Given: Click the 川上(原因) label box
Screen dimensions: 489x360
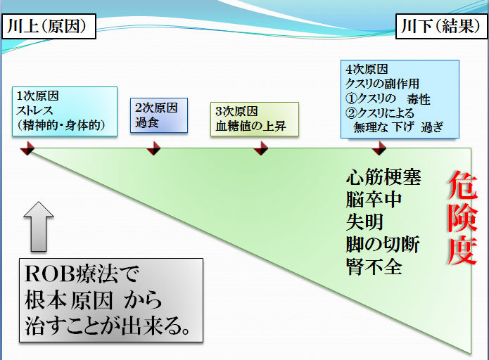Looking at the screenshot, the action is [49, 26].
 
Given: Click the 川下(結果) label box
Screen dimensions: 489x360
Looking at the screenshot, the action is [441, 26].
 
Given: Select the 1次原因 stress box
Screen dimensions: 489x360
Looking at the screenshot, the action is [65, 112].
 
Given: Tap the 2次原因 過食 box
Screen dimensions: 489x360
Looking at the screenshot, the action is [159, 115].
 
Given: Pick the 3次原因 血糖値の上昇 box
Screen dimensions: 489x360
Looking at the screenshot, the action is [255, 119].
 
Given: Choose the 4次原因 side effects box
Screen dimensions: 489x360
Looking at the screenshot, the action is [400, 99].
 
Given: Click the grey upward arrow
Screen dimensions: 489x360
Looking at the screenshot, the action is [39, 226].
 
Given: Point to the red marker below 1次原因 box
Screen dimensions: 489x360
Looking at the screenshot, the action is [27, 148].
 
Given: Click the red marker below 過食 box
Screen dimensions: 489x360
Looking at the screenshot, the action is [153, 148].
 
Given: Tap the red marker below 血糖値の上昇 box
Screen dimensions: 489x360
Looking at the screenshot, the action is [261, 148].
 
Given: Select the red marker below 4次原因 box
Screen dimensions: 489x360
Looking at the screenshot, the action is [379, 148].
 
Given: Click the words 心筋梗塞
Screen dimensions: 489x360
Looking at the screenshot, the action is [383, 177].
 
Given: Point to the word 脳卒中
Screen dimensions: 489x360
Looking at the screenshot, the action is [374, 200].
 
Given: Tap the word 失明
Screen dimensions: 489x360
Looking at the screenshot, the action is [364, 222].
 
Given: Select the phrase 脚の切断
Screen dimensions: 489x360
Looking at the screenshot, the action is [383, 245].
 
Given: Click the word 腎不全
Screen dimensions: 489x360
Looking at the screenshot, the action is [374, 266].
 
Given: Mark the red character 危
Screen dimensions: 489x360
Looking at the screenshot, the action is [463, 185].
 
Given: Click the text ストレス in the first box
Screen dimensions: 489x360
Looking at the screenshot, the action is [35, 111].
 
